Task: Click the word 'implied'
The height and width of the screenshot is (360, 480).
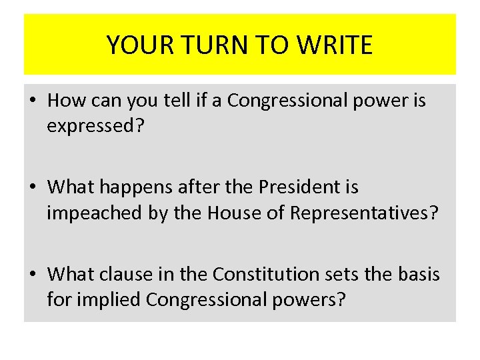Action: point(109,300)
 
